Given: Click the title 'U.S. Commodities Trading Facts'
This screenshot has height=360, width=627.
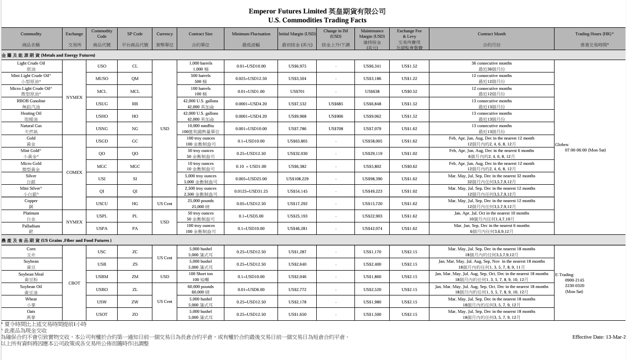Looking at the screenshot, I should tap(317, 20).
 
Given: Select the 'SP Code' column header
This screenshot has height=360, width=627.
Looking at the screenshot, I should tap(135, 34).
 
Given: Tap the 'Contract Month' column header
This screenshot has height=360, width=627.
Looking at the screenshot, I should tap(491, 34).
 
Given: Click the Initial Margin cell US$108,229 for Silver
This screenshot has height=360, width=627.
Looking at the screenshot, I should tap(297, 179).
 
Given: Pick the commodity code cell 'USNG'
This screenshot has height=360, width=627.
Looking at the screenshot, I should tap(102, 129).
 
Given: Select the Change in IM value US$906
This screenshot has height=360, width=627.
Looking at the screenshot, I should tap(336, 116).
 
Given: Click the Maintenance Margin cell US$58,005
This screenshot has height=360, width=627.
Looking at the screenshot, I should tap(372, 141).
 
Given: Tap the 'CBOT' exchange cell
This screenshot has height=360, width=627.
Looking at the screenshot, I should tap(74, 283).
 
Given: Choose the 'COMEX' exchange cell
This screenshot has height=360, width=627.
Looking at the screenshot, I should tap(74, 172).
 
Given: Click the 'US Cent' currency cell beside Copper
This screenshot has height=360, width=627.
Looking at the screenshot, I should tap(165, 204).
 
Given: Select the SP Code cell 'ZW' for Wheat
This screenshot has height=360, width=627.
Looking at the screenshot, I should tap(135, 302).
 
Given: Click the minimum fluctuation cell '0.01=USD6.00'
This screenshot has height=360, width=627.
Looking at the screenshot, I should tap(252, 289).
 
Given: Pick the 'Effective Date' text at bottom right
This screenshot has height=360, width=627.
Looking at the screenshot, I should tap(598, 337).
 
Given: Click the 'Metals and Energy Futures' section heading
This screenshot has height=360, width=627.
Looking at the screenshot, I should tap(48, 55).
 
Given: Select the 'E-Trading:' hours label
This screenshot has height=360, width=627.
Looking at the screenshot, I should tap(565, 274).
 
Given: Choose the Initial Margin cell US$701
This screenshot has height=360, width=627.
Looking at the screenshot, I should tap(297, 91).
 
